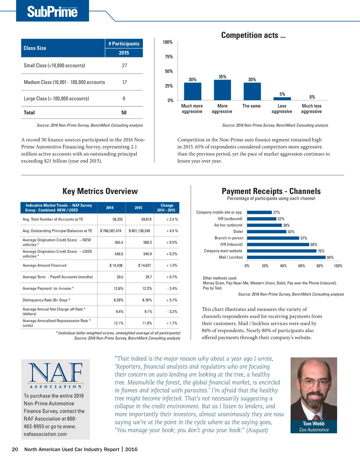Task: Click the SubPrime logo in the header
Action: click(52, 11)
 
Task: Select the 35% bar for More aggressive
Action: click(222, 90)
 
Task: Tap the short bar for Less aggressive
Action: click(282, 99)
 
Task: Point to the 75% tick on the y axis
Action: click(168, 57)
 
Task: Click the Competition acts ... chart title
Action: click(253, 35)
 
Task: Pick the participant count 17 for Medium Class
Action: click(124, 82)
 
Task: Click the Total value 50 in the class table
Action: click(124, 113)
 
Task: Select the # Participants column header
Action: click(124, 44)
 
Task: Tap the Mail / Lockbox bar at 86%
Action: click(286, 257)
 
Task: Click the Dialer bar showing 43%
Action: click(267, 232)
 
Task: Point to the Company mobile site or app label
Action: click(219, 212)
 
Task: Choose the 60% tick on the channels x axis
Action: click(302, 266)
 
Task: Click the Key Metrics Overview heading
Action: click(100, 191)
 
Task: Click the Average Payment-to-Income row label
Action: click(48, 289)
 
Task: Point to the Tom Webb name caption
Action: click(314, 424)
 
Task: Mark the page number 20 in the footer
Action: click(15, 449)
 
